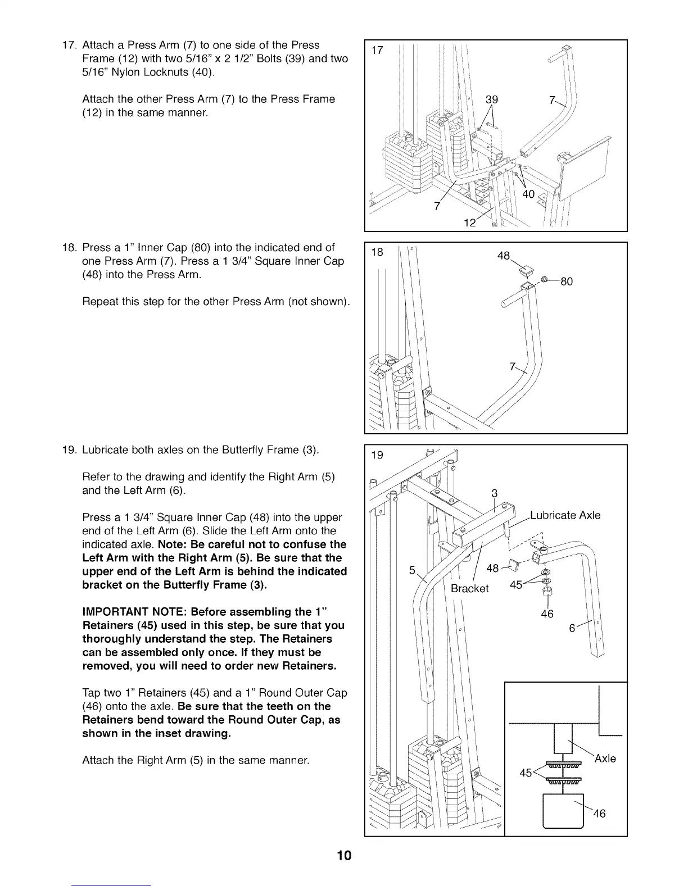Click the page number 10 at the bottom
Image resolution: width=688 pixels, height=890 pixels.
pyautogui.click(x=344, y=856)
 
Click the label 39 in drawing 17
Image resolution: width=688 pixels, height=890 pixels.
pyautogui.click(x=491, y=99)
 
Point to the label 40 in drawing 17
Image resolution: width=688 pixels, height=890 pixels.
pyautogui.click(x=528, y=194)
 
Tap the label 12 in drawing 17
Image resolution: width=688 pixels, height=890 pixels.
pyautogui.click(x=469, y=222)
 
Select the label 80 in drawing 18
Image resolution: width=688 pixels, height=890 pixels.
pyautogui.click(x=566, y=281)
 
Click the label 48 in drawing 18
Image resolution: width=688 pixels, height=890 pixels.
pyautogui.click(x=504, y=256)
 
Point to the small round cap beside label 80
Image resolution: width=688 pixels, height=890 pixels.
pyautogui.click(x=544, y=280)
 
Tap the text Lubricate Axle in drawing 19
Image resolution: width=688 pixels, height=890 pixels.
pyautogui.click(x=565, y=515)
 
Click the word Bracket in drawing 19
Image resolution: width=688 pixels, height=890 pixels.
pyautogui.click(x=470, y=588)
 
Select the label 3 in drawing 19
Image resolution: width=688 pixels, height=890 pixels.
pyautogui.click(x=494, y=493)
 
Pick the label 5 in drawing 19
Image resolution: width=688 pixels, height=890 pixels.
pyautogui.click(x=412, y=570)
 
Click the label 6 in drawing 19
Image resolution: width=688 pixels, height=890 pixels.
pyautogui.click(x=572, y=629)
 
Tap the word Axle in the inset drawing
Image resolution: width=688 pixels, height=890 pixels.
pyautogui.click(x=605, y=759)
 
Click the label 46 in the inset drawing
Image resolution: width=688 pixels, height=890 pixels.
pyautogui.click(x=599, y=814)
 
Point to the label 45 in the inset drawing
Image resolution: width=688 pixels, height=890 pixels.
pyautogui.click(x=526, y=773)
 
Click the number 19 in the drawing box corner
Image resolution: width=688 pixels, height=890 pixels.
pyautogui.click(x=377, y=455)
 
